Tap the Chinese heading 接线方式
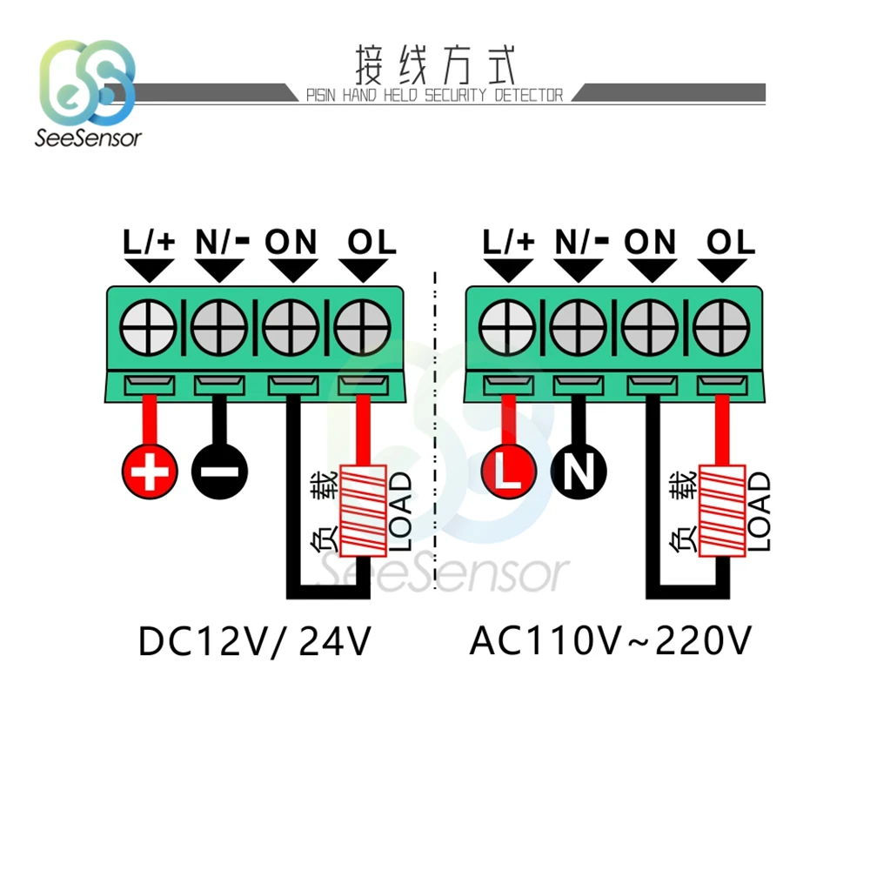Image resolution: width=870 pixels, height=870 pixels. pos(436,64)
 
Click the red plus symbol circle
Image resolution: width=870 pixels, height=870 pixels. pos(150,472)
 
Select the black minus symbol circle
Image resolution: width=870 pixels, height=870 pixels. pos(219,472)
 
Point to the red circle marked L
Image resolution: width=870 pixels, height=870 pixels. pos(508,472)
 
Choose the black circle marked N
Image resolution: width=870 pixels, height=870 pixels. pos(579,472)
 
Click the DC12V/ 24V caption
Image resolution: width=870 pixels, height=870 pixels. pos(255,643)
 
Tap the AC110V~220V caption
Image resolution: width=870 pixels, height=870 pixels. pos(610,643)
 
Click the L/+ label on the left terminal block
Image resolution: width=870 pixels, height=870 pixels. pos(149,242)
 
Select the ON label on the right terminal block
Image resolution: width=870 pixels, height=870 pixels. pos(650,242)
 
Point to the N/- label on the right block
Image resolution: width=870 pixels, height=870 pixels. pos(579,242)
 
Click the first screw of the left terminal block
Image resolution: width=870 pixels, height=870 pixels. pos(148,329)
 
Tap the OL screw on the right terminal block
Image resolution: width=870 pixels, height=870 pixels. pos(721,329)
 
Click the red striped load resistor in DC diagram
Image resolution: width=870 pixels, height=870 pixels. pos(363,512)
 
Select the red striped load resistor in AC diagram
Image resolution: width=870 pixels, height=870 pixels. pos(721,512)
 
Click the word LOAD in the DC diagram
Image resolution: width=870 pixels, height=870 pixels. pos(400,512)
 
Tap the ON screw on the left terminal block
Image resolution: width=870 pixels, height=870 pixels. pos(291,329)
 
